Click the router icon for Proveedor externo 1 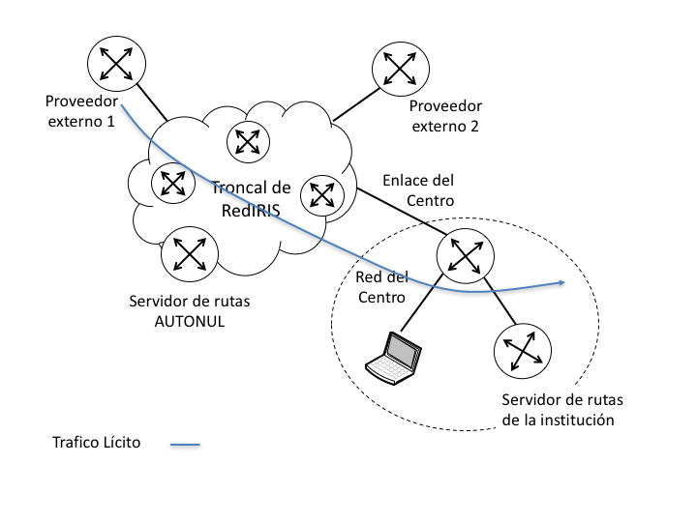click(x=115, y=65)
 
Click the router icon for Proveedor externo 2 click(x=399, y=70)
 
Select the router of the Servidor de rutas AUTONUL click(x=190, y=253)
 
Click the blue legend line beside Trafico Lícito click(x=185, y=446)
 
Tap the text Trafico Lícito click(x=97, y=443)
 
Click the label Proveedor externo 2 click(x=446, y=116)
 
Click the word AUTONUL click(x=190, y=321)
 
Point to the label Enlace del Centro click(x=418, y=190)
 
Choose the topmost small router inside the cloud click(x=247, y=142)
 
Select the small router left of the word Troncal click(x=172, y=182)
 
